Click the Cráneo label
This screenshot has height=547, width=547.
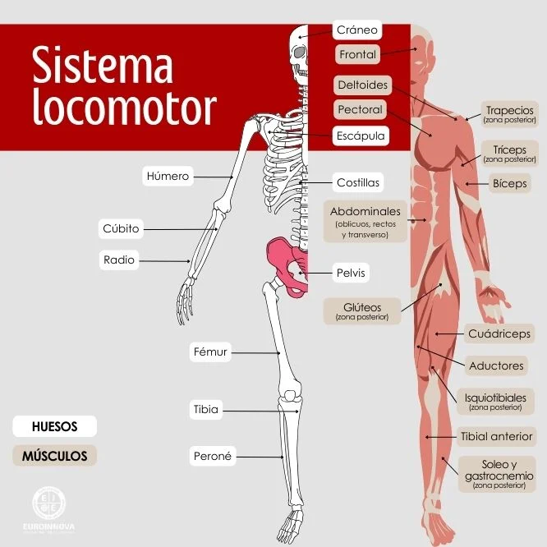(356, 30)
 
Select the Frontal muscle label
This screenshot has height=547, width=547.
(356, 55)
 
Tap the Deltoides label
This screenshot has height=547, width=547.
(361, 85)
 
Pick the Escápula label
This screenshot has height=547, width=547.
(360, 136)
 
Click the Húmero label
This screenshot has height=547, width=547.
(168, 176)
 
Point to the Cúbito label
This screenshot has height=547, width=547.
(121, 228)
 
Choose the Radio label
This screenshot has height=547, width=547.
(119, 260)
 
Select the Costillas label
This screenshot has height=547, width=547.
(358, 182)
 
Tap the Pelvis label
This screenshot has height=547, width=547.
(351, 273)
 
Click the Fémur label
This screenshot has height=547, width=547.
(209, 352)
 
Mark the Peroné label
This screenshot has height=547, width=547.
(213, 456)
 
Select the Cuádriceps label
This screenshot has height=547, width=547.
(499, 333)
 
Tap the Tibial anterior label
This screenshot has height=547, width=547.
(497, 436)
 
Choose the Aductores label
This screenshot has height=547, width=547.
(495, 365)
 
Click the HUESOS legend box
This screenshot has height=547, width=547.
(54, 427)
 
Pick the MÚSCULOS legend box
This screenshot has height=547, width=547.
(54, 455)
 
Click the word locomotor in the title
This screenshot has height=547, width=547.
(124, 107)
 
